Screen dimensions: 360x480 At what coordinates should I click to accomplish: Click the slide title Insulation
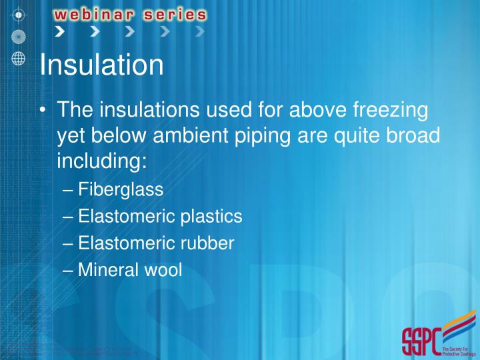click(101, 65)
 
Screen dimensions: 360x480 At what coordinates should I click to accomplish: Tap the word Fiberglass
click(121, 190)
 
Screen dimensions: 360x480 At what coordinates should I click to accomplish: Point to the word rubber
click(209, 243)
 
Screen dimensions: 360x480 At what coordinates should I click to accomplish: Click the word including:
click(101, 162)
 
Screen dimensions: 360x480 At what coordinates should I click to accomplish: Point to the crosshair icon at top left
click(18, 13)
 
